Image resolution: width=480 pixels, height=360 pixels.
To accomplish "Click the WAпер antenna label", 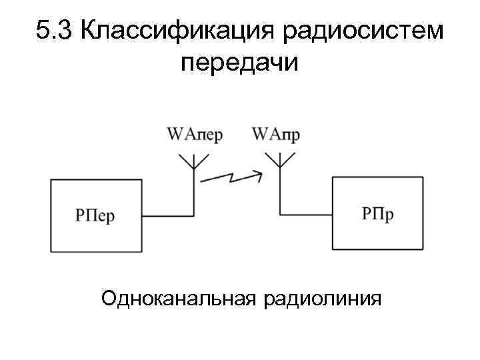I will click(x=195, y=135).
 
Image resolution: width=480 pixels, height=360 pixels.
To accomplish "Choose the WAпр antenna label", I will click(x=275, y=135).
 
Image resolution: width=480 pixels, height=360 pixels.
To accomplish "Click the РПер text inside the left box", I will click(x=95, y=217).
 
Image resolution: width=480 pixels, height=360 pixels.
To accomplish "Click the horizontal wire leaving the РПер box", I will click(x=167, y=215).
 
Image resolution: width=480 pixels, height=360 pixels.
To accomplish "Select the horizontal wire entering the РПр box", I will click(x=307, y=215).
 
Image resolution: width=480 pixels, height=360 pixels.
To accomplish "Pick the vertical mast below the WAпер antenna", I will click(x=193, y=193).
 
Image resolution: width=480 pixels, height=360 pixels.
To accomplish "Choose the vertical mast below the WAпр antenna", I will click(x=279, y=193).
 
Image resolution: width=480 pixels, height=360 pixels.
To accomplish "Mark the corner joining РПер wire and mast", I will click(x=193, y=215).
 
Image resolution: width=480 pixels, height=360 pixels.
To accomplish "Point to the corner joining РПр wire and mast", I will click(x=279, y=215).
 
